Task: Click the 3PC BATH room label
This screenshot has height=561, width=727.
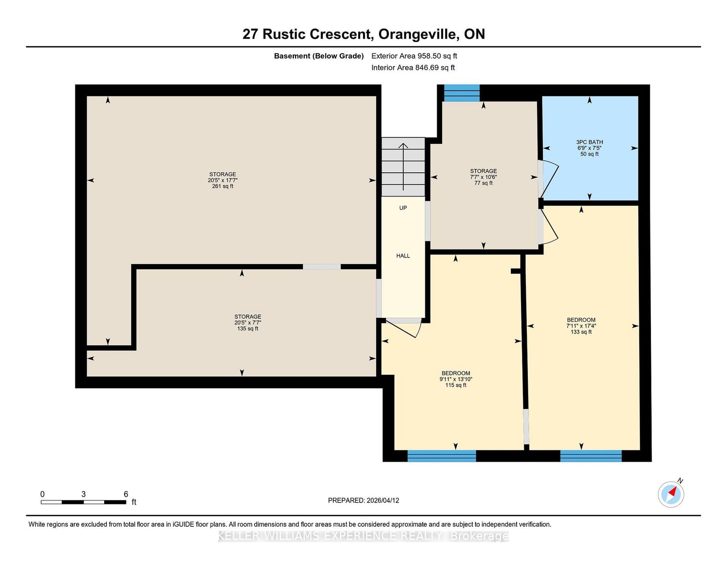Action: pyautogui.click(x=589, y=148)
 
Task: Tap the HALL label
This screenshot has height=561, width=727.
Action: pyautogui.click(x=403, y=256)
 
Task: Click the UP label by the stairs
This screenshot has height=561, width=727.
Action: pyautogui.click(x=403, y=208)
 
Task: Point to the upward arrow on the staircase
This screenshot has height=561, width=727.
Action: pyautogui.click(x=403, y=167)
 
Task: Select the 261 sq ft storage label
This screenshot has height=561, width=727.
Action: pyautogui.click(x=223, y=180)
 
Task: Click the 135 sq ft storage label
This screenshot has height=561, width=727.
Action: pyautogui.click(x=248, y=322)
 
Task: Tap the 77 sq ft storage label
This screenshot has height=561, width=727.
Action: pyautogui.click(x=483, y=177)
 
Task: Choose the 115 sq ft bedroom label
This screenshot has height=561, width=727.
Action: pyautogui.click(x=456, y=379)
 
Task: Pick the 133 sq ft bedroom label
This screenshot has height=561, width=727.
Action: pyautogui.click(x=581, y=326)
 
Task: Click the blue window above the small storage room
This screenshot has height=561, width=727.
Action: pyautogui.click(x=462, y=93)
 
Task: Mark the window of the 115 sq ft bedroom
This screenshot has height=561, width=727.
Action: pyautogui.click(x=442, y=456)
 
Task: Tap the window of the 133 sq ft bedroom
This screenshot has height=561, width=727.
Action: pyautogui.click(x=591, y=456)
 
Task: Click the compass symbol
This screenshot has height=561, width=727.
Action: pyautogui.click(x=671, y=494)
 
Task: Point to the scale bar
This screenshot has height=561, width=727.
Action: pyautogui.click(x=84, y=502)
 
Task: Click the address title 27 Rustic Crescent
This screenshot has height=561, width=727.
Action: pyautogui.click(x=307, y=34)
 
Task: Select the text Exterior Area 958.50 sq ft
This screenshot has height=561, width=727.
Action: pyautogui.click(x=414, y=56)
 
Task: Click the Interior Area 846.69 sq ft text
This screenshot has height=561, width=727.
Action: pyautogui.click(x=413, y=68)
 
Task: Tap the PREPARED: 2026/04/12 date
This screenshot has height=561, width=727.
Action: pyautogui.click(x=363, y=500)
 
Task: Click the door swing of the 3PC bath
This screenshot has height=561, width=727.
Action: pyautogui.click(x=549, y=179)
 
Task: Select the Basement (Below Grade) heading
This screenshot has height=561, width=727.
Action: pyautogui.click(x=319, y=56)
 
